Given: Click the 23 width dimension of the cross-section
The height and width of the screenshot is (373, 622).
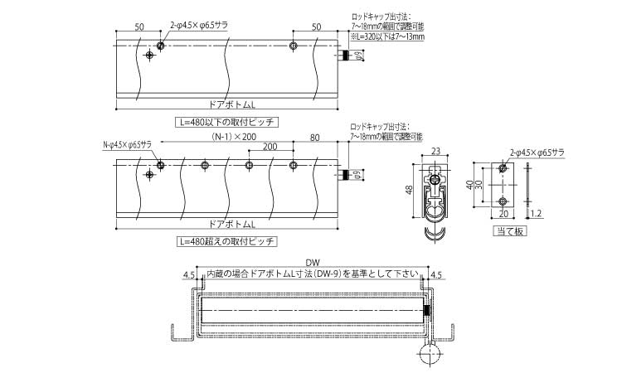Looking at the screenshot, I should tap(435, 151).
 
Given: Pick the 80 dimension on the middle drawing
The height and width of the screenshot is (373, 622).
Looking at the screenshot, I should tap(314, 137).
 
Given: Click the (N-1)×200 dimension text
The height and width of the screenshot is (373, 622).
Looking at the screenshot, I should tap(234, 136).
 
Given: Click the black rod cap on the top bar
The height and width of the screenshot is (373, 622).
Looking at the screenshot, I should tap(344, 56).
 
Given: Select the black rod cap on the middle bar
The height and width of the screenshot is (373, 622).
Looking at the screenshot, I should tap(344, 176).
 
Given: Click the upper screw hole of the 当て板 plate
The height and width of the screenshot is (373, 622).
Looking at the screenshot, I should tap(502, 169).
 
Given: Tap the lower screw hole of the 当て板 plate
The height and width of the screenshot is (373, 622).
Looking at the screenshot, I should tap(502, 201).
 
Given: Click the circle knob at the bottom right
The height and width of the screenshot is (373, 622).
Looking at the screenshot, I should tap(431, 357).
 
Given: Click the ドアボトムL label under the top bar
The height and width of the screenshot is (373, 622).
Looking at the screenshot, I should tap(228, 104).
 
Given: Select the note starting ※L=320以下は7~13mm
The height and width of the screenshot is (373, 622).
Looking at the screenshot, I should tap(387, 36).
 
